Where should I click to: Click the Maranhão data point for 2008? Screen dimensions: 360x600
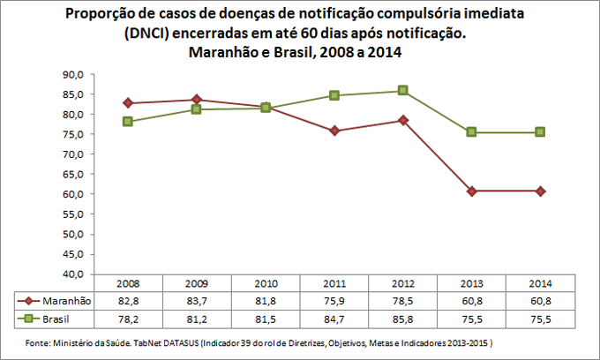128,103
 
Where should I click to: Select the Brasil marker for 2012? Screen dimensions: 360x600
403,91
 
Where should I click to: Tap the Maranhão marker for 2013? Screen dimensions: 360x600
472,191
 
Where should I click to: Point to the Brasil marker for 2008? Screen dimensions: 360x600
128,122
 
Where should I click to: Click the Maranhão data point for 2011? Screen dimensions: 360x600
334,131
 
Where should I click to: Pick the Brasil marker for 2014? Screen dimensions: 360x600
541,132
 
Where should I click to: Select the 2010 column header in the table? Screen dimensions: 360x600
266,285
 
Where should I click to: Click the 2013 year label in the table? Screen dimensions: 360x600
472,285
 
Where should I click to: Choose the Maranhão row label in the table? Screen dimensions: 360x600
65,301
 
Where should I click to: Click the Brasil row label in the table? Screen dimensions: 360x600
58,317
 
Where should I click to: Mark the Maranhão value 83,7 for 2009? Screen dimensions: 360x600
197,301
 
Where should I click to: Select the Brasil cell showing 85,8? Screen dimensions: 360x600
403,317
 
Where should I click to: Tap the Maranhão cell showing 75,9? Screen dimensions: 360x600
334,301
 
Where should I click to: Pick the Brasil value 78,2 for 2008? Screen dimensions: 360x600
128,317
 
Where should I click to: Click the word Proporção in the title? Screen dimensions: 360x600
101,15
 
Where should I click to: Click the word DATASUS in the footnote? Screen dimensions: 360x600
179,341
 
